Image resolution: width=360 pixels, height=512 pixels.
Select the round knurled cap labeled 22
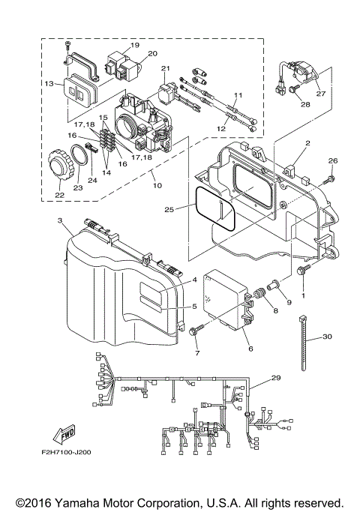tap(55, 163)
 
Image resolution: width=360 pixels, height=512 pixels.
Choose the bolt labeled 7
tap(196, 331)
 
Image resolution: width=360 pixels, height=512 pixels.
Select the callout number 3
tap(60, 222)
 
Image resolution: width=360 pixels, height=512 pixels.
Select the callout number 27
tap(321, 94)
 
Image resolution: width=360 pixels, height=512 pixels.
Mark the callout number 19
tap(136, 45)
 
